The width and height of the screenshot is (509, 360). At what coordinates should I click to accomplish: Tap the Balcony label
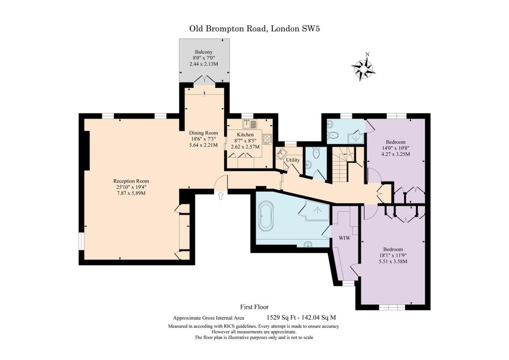[x=203, y=52]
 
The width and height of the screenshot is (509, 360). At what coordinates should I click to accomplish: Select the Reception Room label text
[x=131, y=181]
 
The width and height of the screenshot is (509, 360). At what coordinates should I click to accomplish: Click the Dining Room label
[x=203, y=133]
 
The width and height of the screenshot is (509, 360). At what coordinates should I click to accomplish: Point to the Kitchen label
[x=245, y=135]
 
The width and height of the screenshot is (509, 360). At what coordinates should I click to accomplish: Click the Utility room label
[x=293, y=160]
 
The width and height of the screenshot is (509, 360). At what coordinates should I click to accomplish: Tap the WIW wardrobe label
[x=344, y=238]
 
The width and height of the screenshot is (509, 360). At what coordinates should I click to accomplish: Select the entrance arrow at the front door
[x=221, y=196]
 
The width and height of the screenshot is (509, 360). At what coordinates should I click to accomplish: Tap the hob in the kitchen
[x=267, y=139]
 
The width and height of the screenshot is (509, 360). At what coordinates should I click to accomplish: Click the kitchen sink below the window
[x=250, y=124]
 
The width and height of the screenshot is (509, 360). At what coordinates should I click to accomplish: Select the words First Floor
[x=254, y=307]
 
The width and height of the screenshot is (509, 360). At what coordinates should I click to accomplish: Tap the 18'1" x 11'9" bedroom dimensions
[x=393, y=256]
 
